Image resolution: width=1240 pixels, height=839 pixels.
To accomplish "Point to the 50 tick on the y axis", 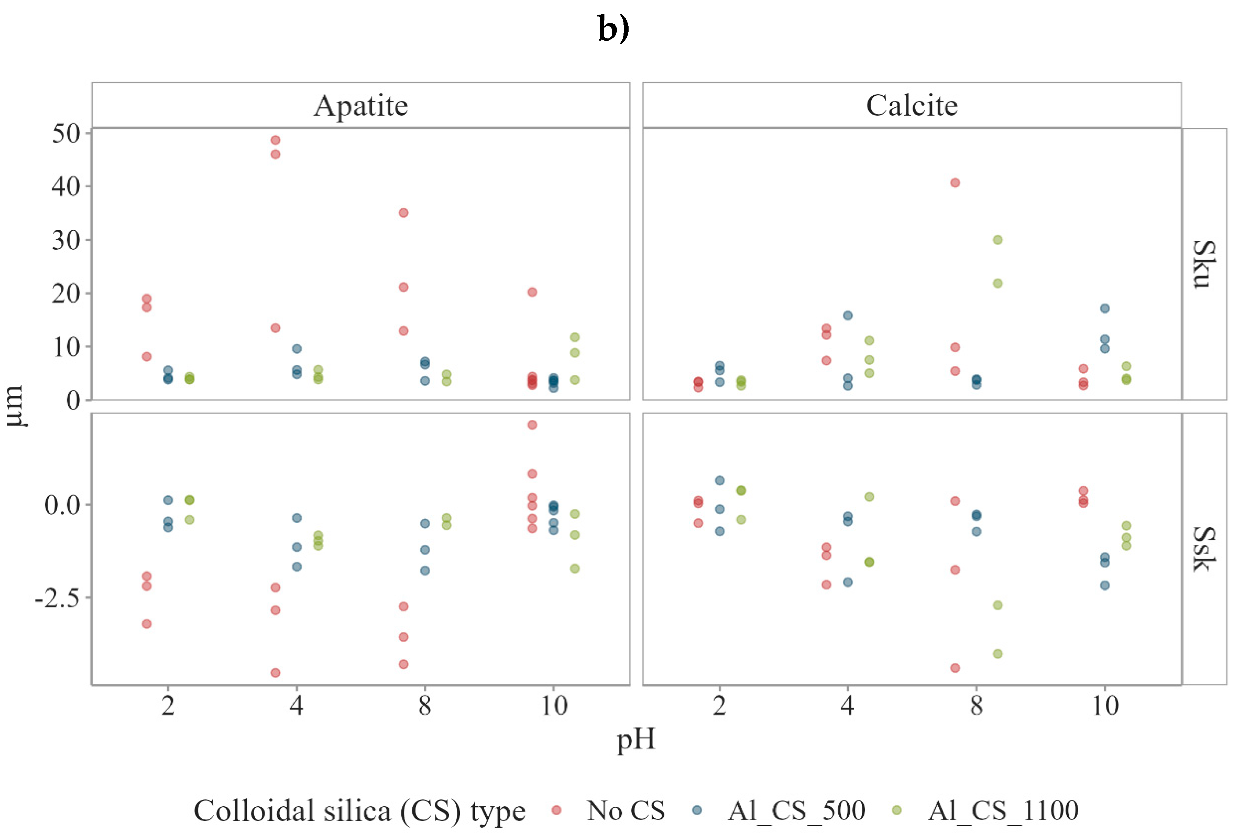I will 65,133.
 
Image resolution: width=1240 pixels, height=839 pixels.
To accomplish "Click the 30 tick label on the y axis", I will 65,240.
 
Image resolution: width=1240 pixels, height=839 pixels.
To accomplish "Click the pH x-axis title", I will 636,740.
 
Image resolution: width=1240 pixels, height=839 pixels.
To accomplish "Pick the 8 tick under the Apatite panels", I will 425,706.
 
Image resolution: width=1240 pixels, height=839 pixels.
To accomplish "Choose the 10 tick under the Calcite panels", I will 1105,706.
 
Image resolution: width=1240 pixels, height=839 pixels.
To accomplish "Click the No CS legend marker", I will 556,810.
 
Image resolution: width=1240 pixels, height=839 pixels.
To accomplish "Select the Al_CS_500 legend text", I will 796,810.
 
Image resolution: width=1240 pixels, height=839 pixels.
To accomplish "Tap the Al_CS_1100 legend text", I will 1003,810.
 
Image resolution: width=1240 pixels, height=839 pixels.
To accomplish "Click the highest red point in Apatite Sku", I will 275,140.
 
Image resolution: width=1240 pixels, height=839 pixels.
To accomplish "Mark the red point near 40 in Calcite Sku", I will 955,183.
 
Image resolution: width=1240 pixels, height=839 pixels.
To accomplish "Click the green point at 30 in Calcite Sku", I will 998,240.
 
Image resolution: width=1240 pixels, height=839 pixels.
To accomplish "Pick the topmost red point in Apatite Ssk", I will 532,424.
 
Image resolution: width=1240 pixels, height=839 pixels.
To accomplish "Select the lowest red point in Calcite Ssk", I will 955,668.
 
